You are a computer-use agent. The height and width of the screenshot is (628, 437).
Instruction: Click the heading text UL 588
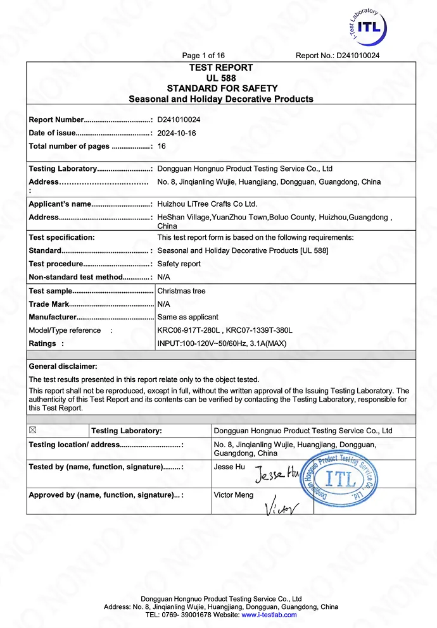(x=221, y=78)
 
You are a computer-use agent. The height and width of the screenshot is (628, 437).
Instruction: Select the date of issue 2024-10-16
(x=177, y=133)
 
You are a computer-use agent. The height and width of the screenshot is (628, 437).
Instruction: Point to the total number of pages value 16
(x=161, y=146)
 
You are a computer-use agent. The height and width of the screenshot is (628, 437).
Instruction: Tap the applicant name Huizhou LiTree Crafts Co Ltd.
(x=207, y=204)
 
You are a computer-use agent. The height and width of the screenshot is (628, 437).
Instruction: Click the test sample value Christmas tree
(x=181, y=291)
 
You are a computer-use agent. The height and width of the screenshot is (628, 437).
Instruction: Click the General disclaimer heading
(x=63, y=366)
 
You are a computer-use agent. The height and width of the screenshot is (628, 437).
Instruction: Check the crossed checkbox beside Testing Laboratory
(x=33, y=430)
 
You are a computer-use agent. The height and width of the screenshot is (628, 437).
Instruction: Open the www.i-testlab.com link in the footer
(x=269, y=615)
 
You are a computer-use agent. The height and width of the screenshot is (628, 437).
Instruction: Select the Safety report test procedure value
(x=179, y=264)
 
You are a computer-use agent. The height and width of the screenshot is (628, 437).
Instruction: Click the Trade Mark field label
(x=49, y=304)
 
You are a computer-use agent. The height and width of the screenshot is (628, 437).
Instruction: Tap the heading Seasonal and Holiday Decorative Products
(x=221, y=99)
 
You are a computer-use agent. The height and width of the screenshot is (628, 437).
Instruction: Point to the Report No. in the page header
(x=338, y=56)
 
